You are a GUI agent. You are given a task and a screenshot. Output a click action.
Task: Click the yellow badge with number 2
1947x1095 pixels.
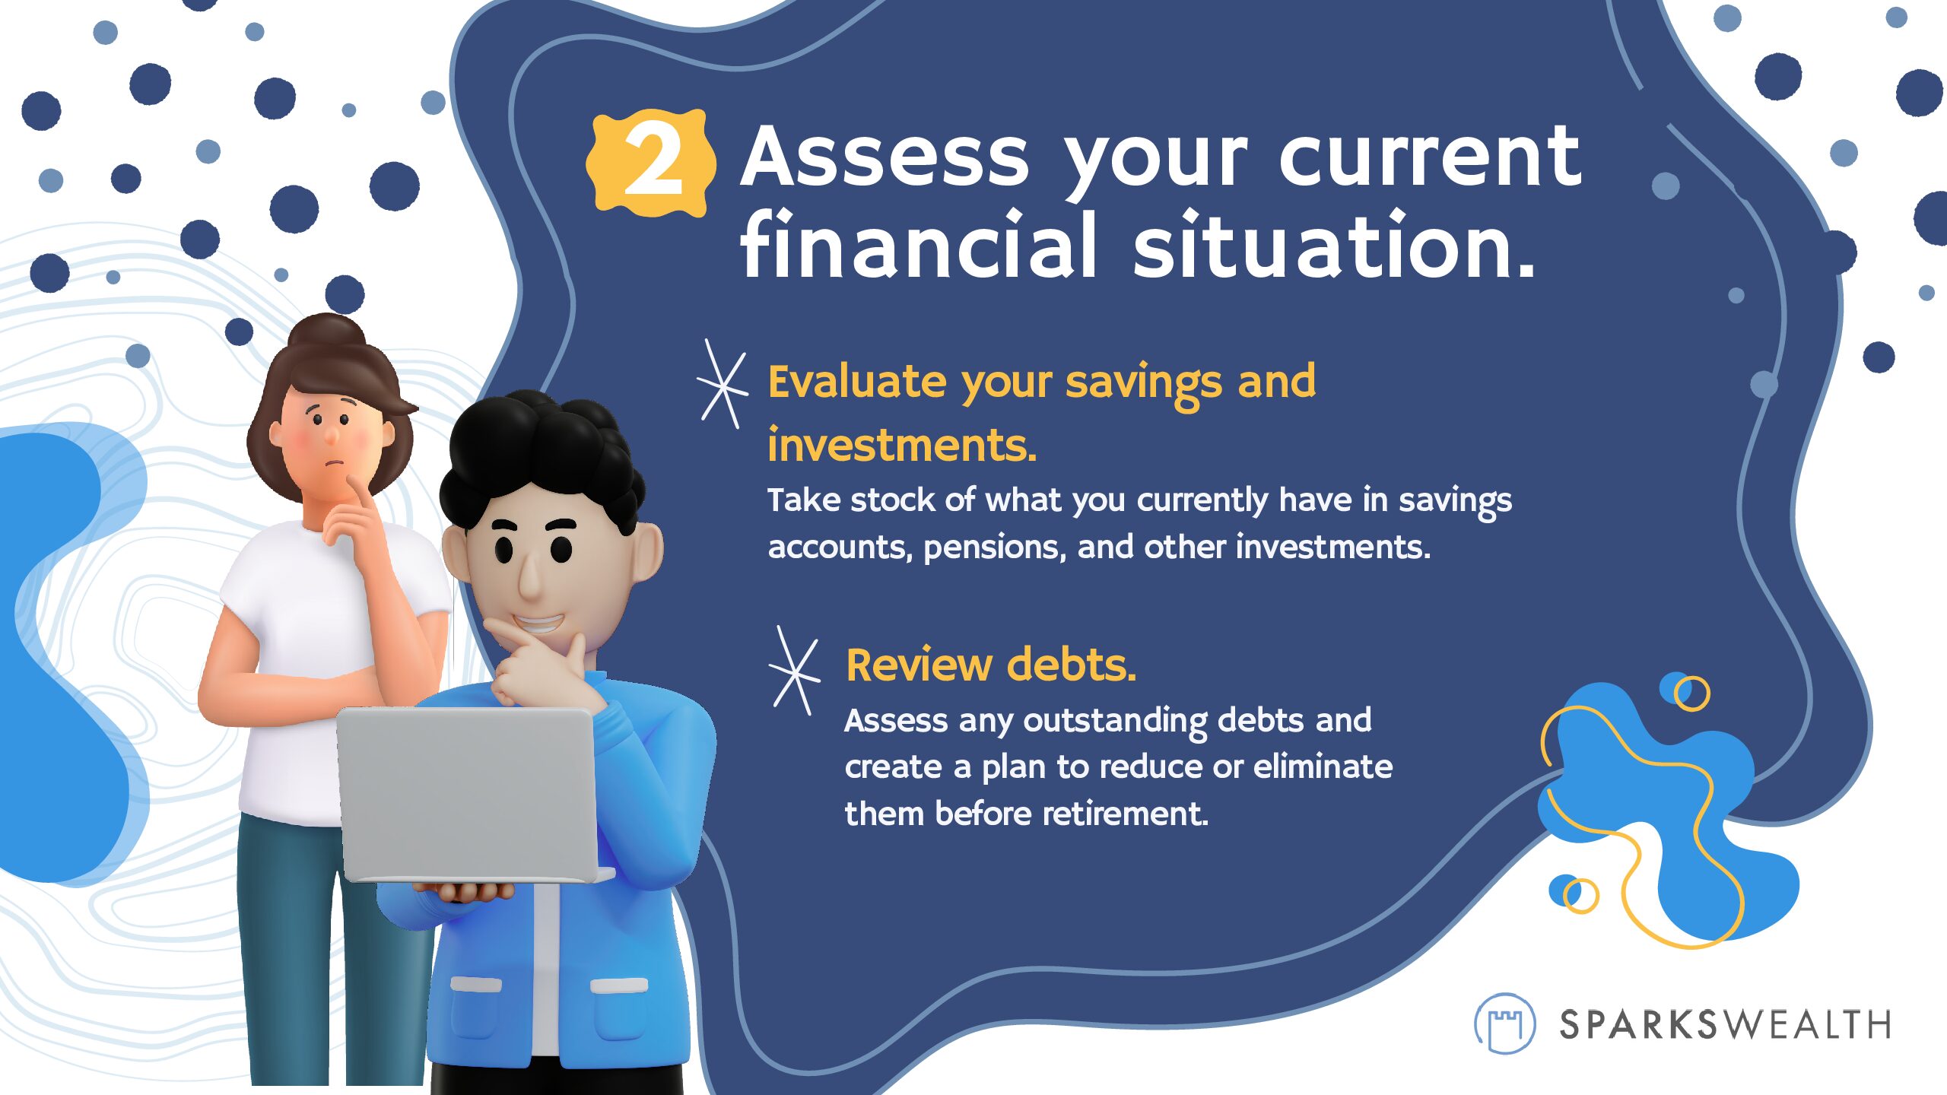[x=650, y=163]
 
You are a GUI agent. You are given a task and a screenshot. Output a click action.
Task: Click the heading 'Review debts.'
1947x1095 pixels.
[x=991, y=665]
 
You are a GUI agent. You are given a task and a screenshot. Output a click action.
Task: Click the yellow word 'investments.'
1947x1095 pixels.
[x=902, y=445]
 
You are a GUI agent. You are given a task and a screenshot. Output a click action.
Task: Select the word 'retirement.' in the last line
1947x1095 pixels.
[x=1125, y=814]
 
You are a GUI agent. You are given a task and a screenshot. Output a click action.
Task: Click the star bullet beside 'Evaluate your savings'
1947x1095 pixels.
[x=722, y=384]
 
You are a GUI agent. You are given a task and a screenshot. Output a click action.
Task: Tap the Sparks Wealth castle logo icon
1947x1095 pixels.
[x=1504, y=1024]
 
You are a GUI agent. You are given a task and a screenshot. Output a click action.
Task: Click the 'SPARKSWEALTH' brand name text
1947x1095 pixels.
[x=1725, y=1024]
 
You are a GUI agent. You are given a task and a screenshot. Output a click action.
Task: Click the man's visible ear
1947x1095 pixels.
[x=646, y=552]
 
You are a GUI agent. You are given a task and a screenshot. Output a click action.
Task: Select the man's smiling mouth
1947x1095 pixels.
[x=538, y=624]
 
